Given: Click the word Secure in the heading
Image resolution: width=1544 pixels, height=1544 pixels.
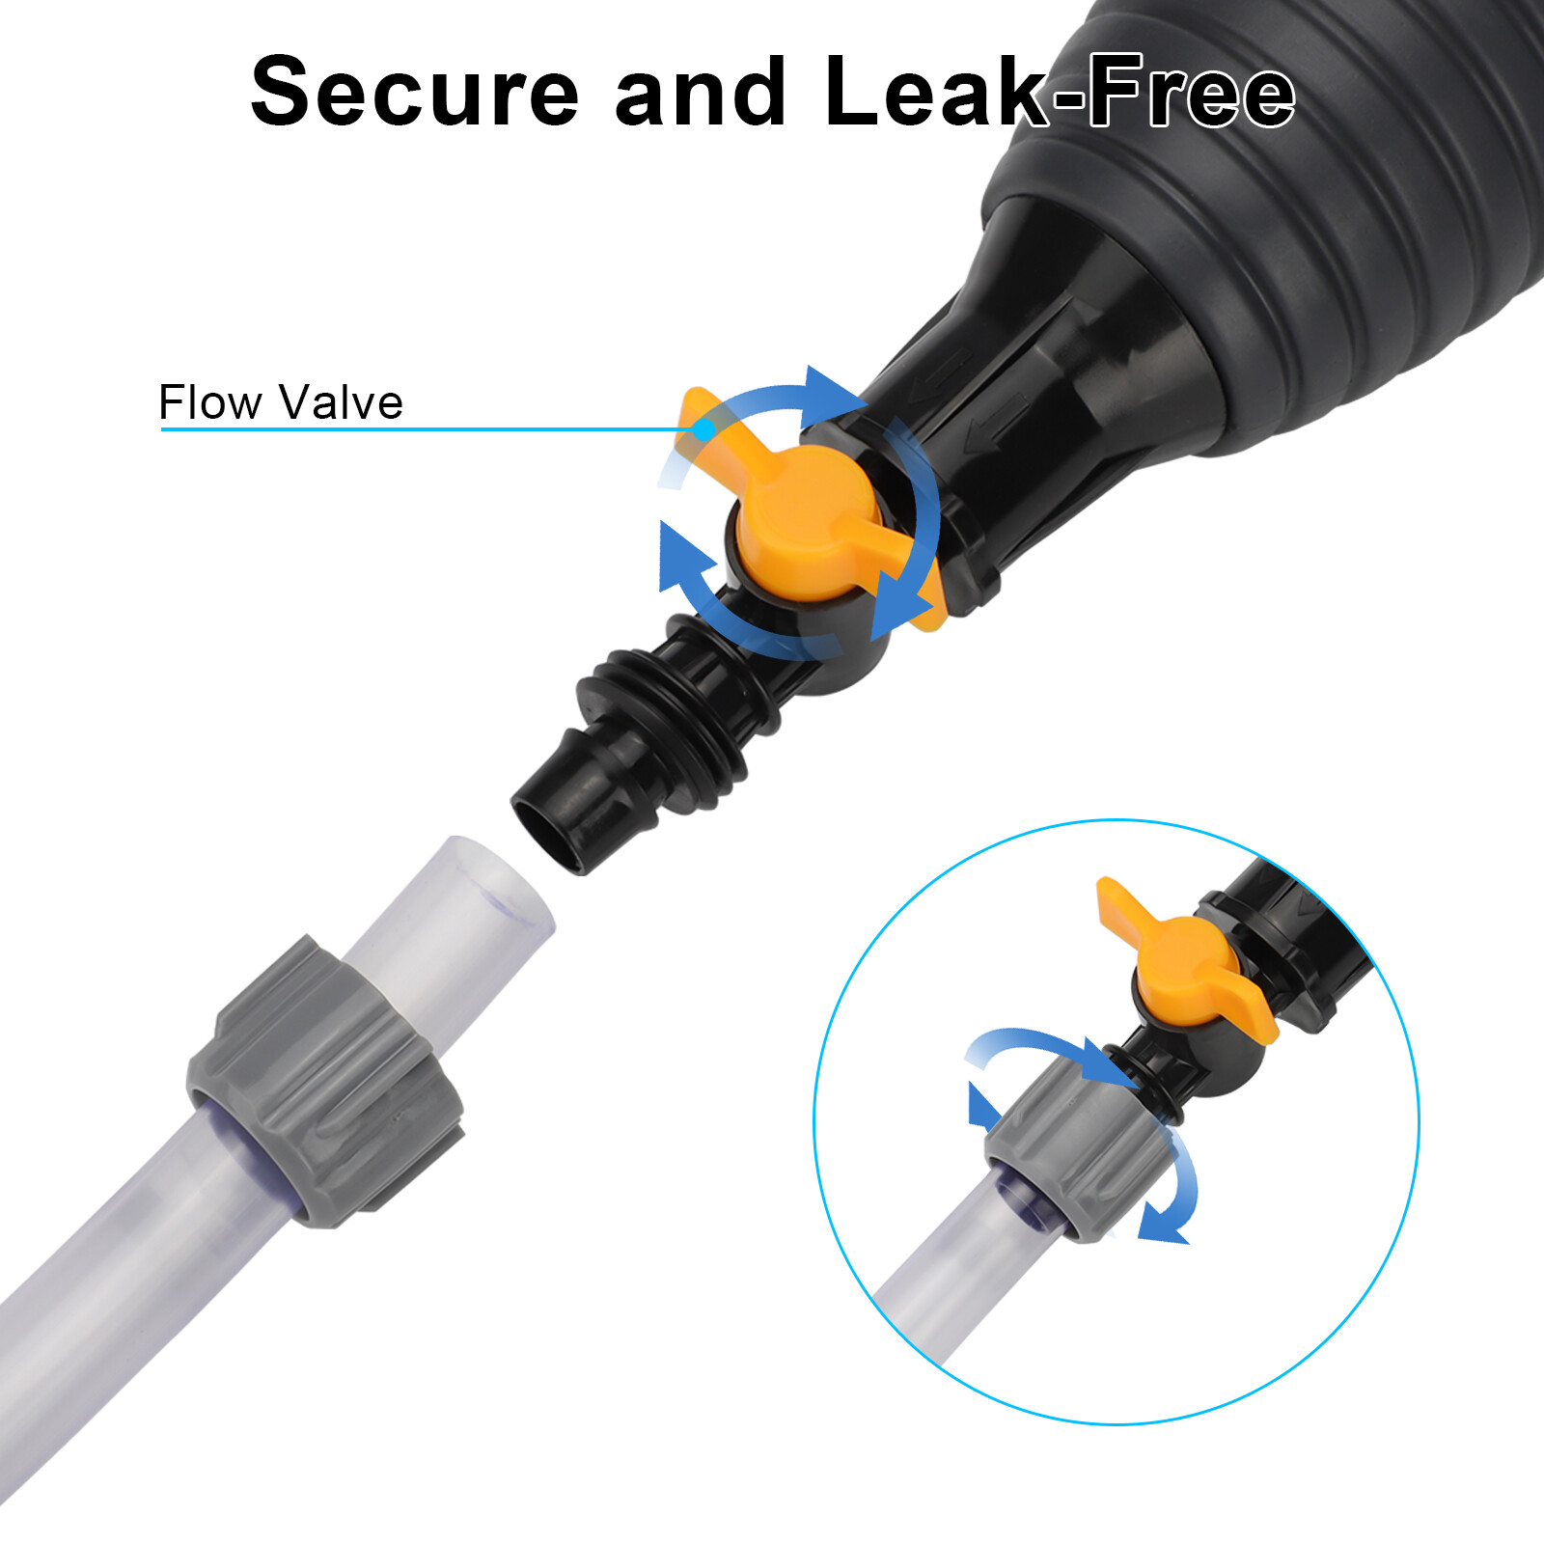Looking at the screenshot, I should click(415, 92).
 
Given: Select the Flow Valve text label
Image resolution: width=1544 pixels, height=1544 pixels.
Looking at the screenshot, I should click(281, 402).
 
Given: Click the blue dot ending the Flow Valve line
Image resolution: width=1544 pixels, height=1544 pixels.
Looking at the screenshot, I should click(704, 428).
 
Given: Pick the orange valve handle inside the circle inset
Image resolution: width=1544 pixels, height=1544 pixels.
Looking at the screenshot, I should click(1187, 965).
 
